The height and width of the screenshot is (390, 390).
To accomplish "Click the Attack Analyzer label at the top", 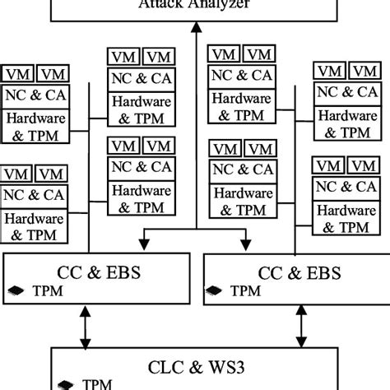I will (194, 4).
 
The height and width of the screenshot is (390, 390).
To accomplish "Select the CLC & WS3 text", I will (194, 364).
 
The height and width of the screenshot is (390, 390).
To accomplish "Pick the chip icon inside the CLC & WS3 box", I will (65, 383).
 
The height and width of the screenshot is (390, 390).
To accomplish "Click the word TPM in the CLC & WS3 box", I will (97, 383).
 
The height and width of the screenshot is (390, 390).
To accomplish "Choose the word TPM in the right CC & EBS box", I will (245, 291).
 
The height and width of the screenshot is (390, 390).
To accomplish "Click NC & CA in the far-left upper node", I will (34, 95).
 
